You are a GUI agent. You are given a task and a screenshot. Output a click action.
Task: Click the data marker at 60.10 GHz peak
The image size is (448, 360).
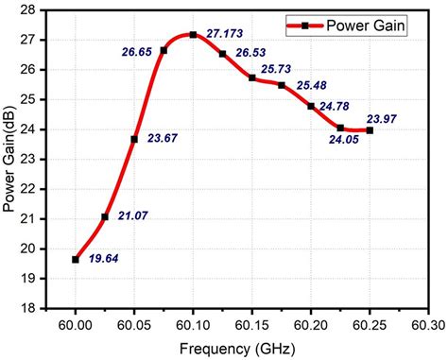(x=193, y=35)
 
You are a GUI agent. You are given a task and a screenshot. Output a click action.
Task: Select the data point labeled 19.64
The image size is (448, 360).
(x=76, y=259)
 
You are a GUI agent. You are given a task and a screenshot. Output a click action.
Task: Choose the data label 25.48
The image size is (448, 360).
(x=315, y=85)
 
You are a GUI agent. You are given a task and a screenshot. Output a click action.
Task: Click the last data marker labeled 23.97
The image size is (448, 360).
(x=370, y=130)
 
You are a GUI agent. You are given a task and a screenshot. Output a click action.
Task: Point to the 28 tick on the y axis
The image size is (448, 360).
(x=32, y=10)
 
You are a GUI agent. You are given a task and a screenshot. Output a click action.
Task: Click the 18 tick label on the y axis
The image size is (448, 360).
(x=32, y=308)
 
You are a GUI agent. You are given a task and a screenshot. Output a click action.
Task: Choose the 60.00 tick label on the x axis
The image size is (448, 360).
(x=76, y=323)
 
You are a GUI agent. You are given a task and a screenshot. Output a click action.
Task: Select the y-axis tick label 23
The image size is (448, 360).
(x=32, y=159)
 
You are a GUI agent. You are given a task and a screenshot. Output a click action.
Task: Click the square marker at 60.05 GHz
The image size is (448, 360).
(x=134, y=139)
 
